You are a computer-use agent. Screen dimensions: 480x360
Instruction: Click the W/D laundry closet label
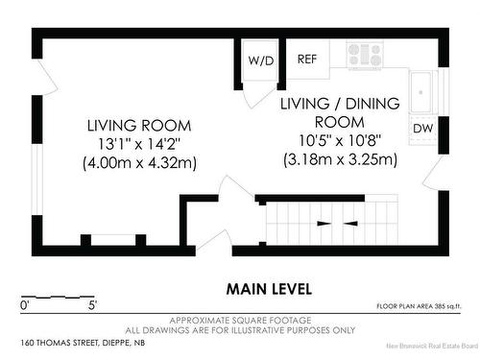pos(261,60)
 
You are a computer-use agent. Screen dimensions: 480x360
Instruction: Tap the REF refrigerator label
pos(307,59)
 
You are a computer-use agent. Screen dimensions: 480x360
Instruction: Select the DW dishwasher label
pos(422,129)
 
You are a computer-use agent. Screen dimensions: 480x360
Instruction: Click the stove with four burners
pos(365,55)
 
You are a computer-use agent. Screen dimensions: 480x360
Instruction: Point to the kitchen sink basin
pos(420,92)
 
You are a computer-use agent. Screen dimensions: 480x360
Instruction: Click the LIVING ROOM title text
pos(139,126)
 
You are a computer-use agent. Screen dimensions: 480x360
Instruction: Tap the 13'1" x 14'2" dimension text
pos(139,144)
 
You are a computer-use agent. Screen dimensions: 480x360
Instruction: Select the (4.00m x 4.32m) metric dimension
pos(139,162)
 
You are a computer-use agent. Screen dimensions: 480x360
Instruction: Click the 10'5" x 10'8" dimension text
pos(340,140)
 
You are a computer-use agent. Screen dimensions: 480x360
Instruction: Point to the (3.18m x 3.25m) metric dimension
pos(340,159)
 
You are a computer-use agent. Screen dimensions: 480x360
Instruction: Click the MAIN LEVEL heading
pos(269,289)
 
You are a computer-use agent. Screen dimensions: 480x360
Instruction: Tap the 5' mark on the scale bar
pos(92,305)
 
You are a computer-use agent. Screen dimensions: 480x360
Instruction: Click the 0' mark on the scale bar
pos(25,305)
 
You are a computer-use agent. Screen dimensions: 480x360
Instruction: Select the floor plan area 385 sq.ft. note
pos(419,306)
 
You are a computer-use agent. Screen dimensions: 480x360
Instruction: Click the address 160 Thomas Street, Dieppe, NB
pos(83,343)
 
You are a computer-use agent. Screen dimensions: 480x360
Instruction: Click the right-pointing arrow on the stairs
pos(324,224)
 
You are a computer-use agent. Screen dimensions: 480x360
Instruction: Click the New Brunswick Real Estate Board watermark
pos(432,346)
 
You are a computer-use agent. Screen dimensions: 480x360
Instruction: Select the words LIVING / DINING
pos(340,104)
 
